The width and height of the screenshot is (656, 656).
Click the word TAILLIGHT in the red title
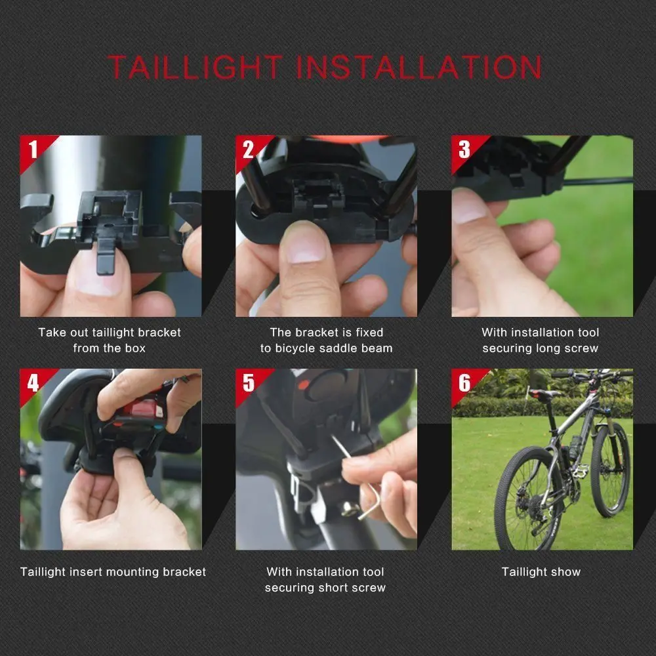point(195,68)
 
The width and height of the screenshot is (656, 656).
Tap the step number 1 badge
point(33,150)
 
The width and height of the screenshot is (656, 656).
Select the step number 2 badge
point(248,150)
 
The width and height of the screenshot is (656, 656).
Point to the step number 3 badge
point(464,150)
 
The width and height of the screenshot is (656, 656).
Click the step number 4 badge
point(33,382)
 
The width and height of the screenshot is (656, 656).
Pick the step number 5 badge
point(248,382)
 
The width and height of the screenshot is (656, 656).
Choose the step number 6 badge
point(464,382)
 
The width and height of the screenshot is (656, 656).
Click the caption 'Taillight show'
point(541,572)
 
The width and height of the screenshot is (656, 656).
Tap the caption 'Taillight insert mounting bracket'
point(113,572)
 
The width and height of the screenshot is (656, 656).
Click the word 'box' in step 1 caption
point(134,348)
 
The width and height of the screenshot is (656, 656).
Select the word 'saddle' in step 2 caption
point(339,348)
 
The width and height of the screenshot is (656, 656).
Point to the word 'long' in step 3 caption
point(546,348)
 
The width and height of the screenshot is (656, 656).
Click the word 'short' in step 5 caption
point(338,588)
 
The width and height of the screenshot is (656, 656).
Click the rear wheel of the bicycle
point(525,499)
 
